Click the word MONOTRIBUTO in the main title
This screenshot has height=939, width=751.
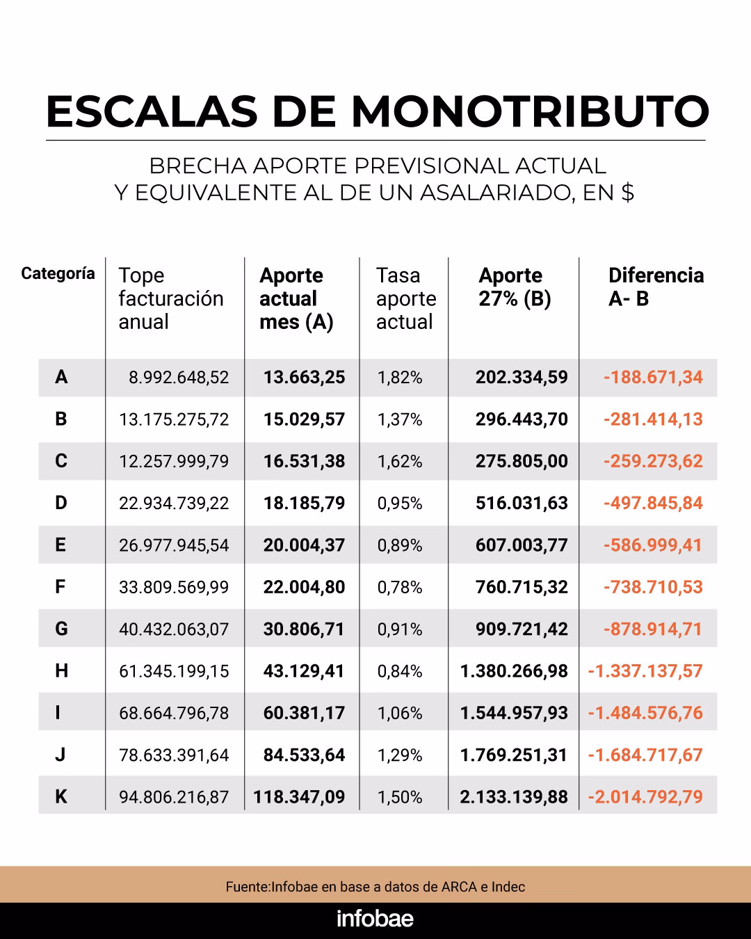click(530, 111)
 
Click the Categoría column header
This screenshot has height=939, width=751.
click(58, 273)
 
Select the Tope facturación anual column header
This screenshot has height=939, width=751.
click(170, 298)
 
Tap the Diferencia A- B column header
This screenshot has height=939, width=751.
click(655, 287)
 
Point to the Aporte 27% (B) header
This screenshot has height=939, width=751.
click(514, 287)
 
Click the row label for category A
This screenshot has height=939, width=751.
click(61, 377)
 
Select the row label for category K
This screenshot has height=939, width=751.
click(61, 796)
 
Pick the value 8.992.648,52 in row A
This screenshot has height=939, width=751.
click(178, 378)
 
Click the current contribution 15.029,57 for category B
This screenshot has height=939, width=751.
click(304, 419)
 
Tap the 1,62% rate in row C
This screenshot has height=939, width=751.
click(400, 461)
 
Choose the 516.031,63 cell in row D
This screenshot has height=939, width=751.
click(522, 503)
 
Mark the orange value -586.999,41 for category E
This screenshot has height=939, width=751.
click(652, 545)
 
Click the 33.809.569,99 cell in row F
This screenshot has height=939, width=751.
click(174, 587)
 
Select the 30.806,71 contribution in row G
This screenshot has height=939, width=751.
click(304, 629)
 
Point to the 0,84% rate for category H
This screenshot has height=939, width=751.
click(400, 671)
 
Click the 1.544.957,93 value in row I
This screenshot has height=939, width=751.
click(514, 713)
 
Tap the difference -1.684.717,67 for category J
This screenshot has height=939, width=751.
click(645, 755)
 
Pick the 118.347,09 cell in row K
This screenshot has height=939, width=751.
click(299, 796)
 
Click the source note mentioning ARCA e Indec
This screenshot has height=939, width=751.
click(375, 887)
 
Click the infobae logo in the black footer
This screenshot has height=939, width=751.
click(375, 919)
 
